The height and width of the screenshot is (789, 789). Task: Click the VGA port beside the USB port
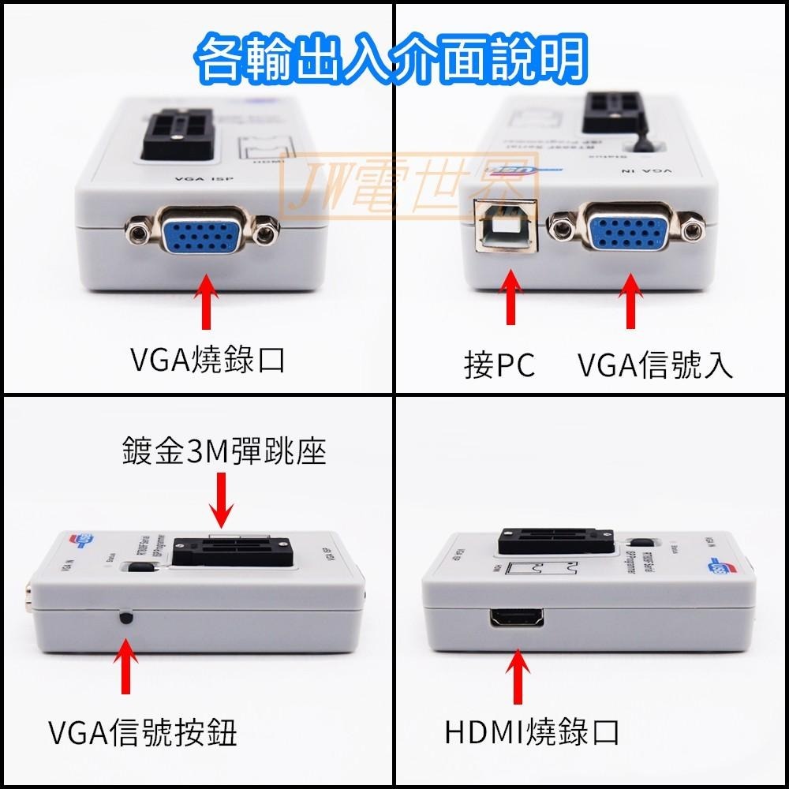coord(628,230)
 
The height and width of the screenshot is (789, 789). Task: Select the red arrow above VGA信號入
coord(631,301)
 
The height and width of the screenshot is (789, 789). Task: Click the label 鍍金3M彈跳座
coord(224,452)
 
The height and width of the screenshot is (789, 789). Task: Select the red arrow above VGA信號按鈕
coord(124,667)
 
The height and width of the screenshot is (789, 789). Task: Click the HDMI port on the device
coord(518,619)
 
